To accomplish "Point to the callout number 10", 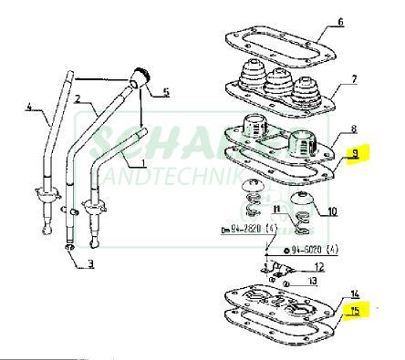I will pos(332,212).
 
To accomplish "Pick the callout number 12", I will pos(318,267).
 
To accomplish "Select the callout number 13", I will pos(313,283).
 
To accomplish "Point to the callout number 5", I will pos(166,92).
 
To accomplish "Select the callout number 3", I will pos(90,265).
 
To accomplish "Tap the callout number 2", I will pos(78,98).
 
